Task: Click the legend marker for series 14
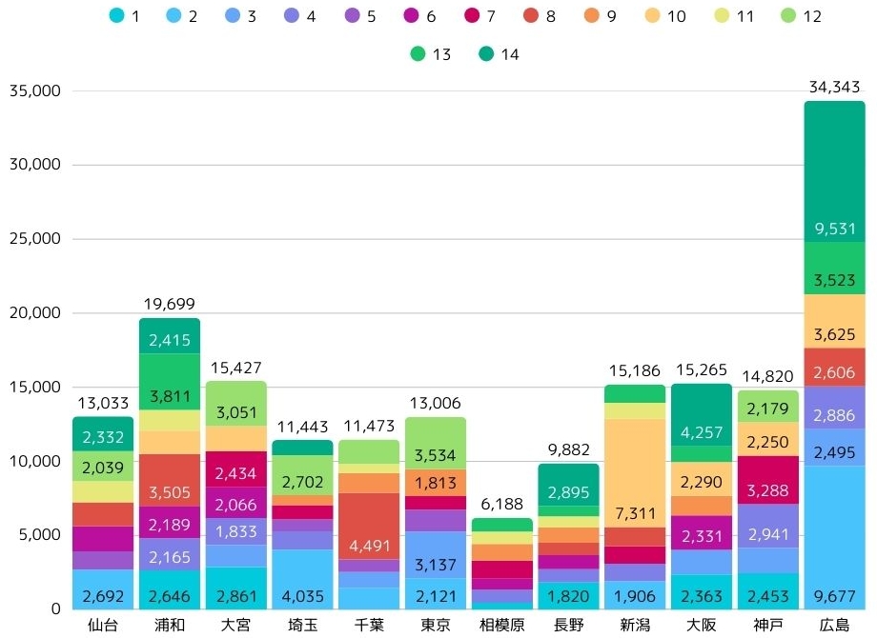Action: pos(486,54)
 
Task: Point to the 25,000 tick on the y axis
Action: pos(34,239)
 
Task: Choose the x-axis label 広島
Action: pos(834,626)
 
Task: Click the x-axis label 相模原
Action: pos(501,626)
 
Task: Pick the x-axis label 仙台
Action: pos(103,626)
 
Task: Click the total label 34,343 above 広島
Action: pos(834,88)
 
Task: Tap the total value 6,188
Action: pos(501,505)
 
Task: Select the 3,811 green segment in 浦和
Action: pos(170,382)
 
